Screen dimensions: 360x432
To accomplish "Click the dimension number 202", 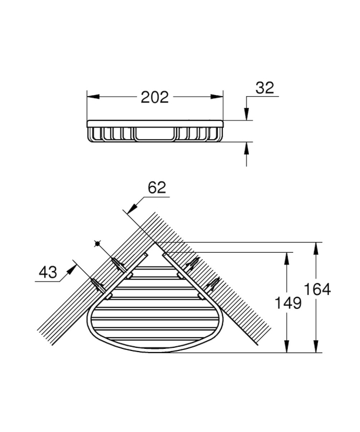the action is point(154,97).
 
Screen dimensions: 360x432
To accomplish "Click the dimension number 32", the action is point(264,88).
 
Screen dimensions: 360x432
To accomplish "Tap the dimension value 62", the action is point(157,188).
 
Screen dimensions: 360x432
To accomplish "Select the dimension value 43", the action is point(48,273).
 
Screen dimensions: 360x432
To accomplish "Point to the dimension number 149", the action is point(288,303).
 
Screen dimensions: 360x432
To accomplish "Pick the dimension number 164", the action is point(317,290).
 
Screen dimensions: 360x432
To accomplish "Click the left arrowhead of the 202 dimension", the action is point(93,97).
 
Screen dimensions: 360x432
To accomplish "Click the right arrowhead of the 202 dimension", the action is point(216,97).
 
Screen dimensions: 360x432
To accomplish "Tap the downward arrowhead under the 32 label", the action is point(247,114).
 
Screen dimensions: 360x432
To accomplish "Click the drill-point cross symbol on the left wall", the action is point(97,244).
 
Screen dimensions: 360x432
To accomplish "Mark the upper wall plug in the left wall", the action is point(119,265).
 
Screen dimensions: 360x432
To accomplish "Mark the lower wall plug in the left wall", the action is point(98,286).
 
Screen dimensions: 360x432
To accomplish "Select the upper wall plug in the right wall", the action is point(193,264).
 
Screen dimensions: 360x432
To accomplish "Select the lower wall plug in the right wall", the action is point(213,285).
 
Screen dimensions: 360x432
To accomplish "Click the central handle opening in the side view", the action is point(155,134).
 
